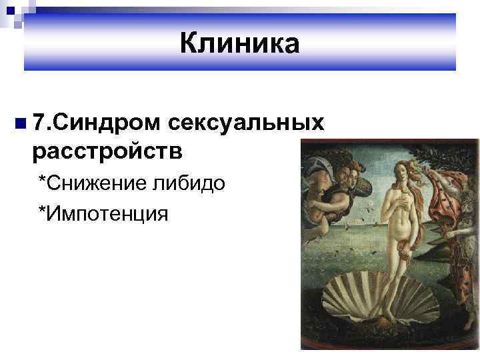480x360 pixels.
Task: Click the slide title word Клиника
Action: click(240, 44)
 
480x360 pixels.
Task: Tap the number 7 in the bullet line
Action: click(39, 123)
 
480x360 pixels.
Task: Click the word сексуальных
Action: click(247, 123)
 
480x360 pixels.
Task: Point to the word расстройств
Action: click(107, 150)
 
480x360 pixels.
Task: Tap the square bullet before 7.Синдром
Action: click(21, 123)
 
